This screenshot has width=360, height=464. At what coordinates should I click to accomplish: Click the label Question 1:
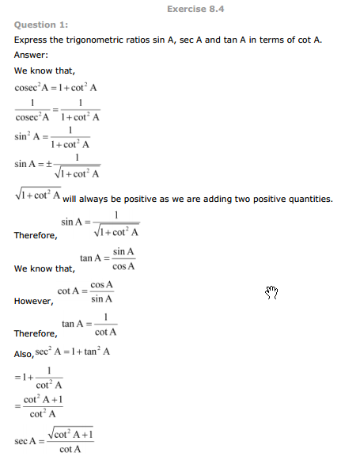(x=41, y=25)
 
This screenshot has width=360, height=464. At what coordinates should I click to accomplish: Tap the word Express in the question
(x=32, y=40)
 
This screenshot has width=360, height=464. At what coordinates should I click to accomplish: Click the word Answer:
(x=32, y=55)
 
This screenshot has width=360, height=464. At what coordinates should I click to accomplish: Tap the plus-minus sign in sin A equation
(x=47, y=164)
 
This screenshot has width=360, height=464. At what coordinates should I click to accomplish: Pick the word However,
(x=34, y=301)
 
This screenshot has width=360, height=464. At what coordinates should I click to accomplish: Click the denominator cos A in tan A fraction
(x=123, y=266)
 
